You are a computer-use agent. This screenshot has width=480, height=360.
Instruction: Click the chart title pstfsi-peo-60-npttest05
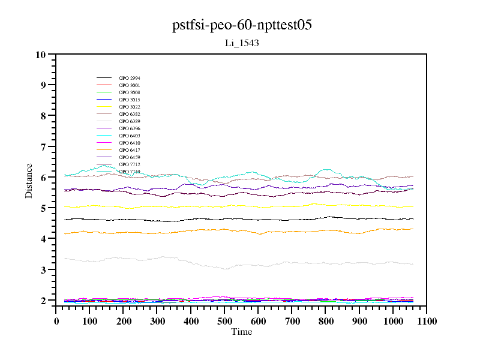[241, 25]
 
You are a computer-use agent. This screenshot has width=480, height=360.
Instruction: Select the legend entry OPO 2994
[129, 78]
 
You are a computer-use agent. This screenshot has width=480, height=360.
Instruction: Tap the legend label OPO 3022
[129, 107]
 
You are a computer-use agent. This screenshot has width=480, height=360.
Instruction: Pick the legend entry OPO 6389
[129, 121]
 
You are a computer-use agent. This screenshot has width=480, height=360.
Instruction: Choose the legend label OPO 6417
[129, 150]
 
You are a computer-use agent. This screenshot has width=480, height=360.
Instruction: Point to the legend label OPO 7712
[129, 164]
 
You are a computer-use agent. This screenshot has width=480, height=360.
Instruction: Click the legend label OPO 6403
[129, 136]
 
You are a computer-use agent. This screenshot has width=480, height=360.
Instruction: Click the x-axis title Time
[241, 332]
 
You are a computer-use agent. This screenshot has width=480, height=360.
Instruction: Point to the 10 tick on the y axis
[41, 55]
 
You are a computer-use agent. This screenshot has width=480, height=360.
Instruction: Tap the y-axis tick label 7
[43, 147]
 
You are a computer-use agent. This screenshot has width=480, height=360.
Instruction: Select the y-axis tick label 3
[43, 270]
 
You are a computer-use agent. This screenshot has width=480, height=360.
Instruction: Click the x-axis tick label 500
[224, 322]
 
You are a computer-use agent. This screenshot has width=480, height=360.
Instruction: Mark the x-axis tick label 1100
[427, 322]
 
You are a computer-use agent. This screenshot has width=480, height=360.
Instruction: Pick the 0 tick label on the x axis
[56, 322]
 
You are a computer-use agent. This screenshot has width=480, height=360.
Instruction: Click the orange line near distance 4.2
[180, 231]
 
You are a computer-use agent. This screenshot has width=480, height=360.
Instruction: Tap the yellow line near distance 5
[180, 206]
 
